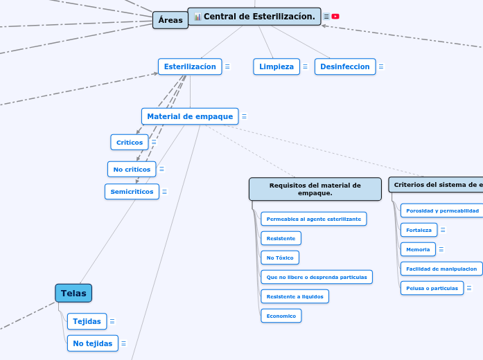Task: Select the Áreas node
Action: click(x=170, y=20)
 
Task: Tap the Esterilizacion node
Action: click(x=190, y=66)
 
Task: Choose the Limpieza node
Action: click(x=276, y=66)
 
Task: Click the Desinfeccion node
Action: click(x=345, y=66)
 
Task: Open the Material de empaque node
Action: click(x=190, y=116)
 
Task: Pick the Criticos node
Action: click(x=130, y=143)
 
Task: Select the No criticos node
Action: click(x=132, y=169)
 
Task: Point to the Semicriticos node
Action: click(x=132, y=192)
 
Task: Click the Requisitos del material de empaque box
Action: click(x=315, y=189)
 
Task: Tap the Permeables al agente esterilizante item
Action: click(x=313, y=219)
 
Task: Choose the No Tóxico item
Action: click(x=279, y=258)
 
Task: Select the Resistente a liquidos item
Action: click(x=295, y=296)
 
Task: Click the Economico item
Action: click(x=281, y=316)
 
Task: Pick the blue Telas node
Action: click(x=73, y=294)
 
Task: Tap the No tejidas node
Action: click(x=92, y=343)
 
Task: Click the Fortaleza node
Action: click(x=419, y=230)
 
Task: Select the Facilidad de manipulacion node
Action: click(x=441, y=269)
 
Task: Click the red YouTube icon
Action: click(x=335, y=17)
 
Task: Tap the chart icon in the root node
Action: click(x=197, y=17)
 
